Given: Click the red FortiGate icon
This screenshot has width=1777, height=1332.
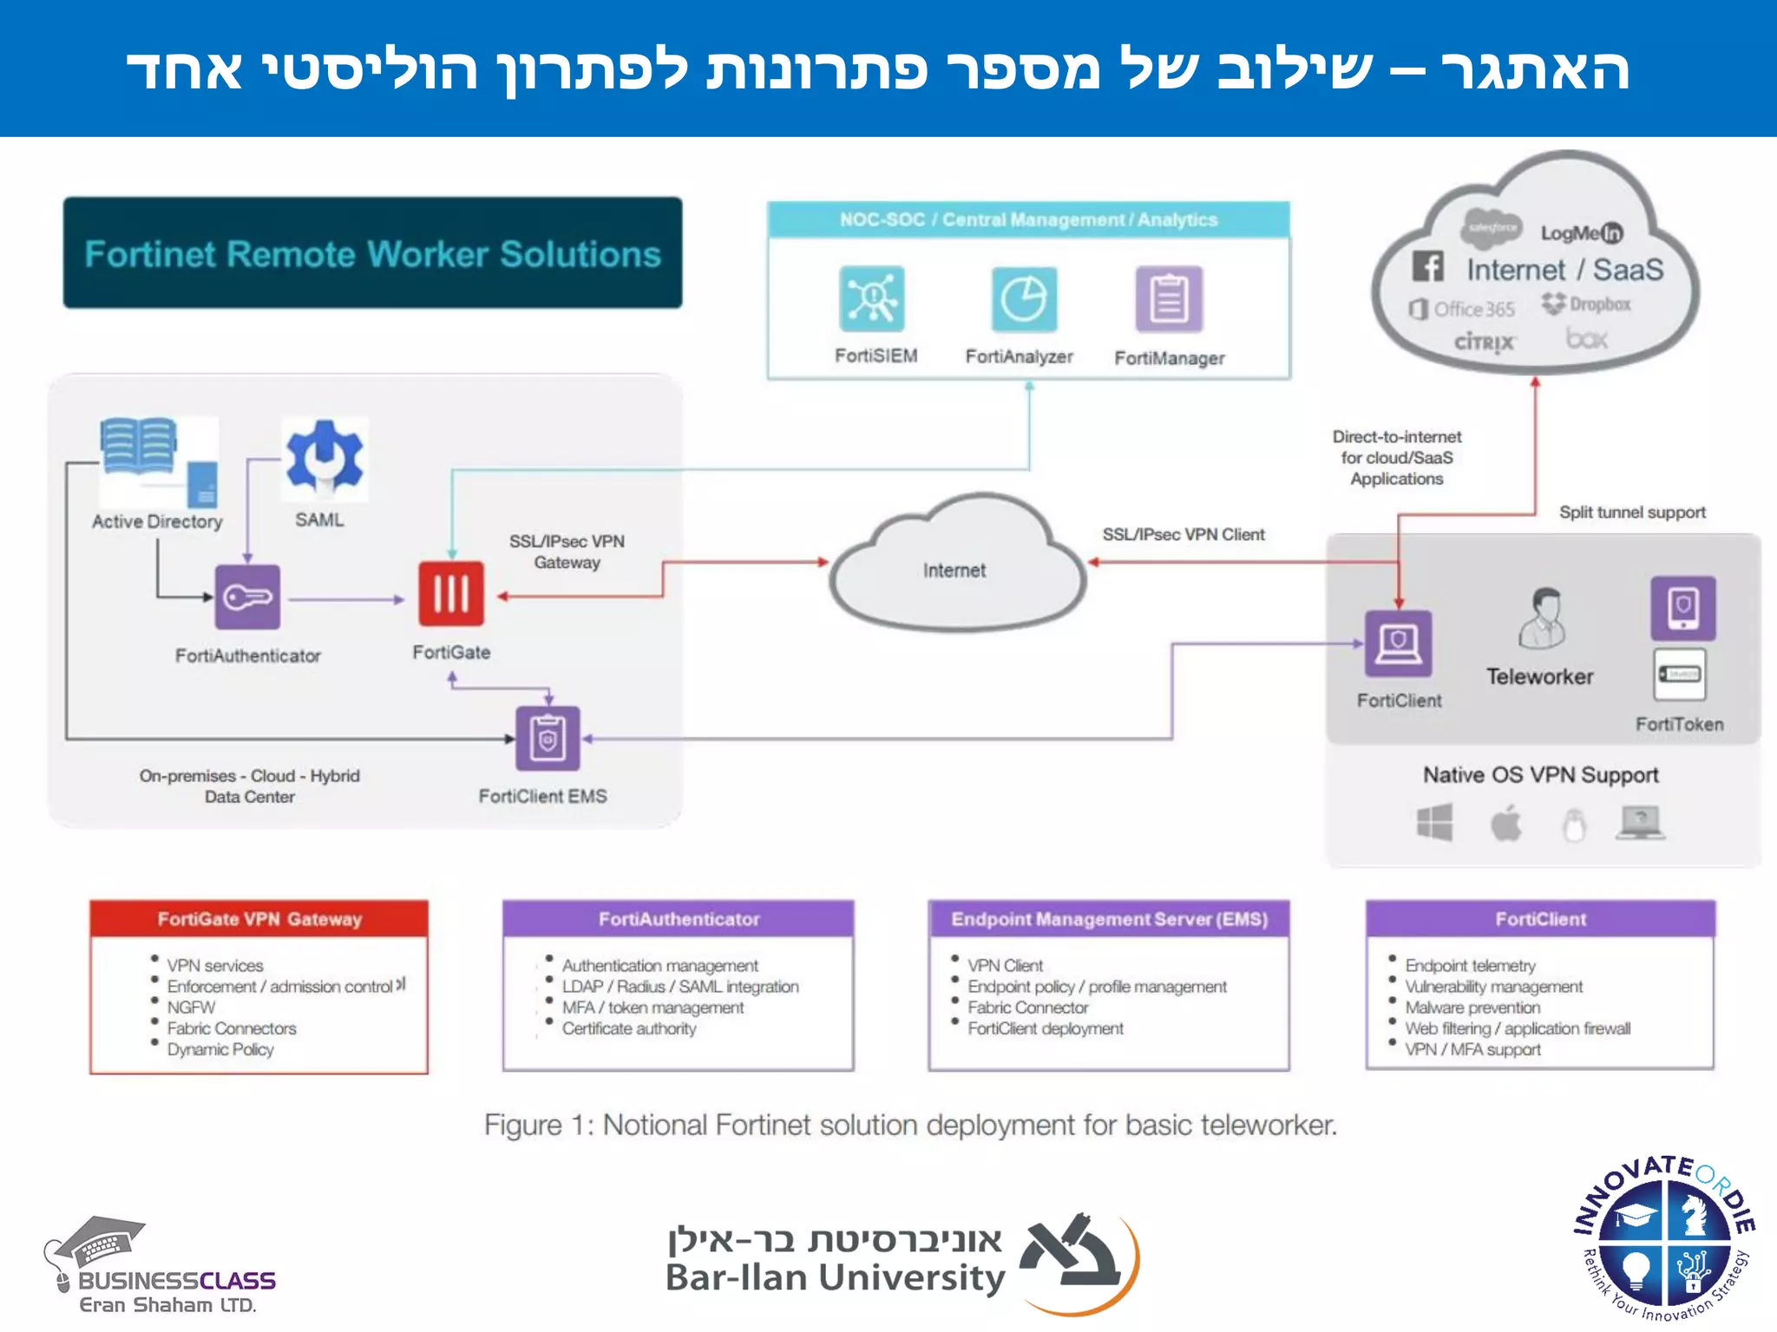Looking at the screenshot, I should [x=451, y=594].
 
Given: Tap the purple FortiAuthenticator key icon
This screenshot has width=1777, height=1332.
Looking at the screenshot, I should [x=247, y=597].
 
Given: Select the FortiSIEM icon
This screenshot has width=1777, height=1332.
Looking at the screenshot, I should [x=872, y=299].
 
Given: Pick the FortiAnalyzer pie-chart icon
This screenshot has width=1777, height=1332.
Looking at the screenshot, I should [x=1024, y=300].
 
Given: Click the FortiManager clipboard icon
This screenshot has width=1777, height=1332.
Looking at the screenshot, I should [x=1169, y=300].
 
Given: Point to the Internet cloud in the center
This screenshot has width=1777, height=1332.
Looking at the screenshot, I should [x=954, y=568].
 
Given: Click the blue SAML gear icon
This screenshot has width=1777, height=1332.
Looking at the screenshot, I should [x=325, y=458].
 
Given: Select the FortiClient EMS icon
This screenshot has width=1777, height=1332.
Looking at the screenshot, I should [x=548, y=739].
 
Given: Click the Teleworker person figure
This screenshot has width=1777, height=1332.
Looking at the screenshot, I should [x=1543, y=618].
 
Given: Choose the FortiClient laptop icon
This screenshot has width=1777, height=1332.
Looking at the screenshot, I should [x=1398, y=643].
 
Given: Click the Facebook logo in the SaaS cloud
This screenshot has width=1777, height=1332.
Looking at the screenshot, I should [x=1427, y=266].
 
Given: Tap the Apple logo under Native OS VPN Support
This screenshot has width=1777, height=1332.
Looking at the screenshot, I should [x=1506, y=823].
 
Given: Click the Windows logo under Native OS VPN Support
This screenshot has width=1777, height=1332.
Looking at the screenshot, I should [x=1434, y=822].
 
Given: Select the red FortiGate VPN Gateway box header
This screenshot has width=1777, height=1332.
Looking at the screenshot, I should [x=259, y=919].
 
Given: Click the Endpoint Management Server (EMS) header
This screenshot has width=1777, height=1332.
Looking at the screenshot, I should [x=1109, y=919].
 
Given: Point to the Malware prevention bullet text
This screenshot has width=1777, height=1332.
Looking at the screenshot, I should [x=1472, y=1008].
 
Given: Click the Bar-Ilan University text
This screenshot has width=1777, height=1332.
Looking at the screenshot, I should [x=835, y=1277].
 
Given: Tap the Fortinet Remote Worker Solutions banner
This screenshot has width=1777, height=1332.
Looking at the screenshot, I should [x=372, y=253].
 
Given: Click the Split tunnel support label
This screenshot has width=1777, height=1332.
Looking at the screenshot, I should [x=1632, y=513].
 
